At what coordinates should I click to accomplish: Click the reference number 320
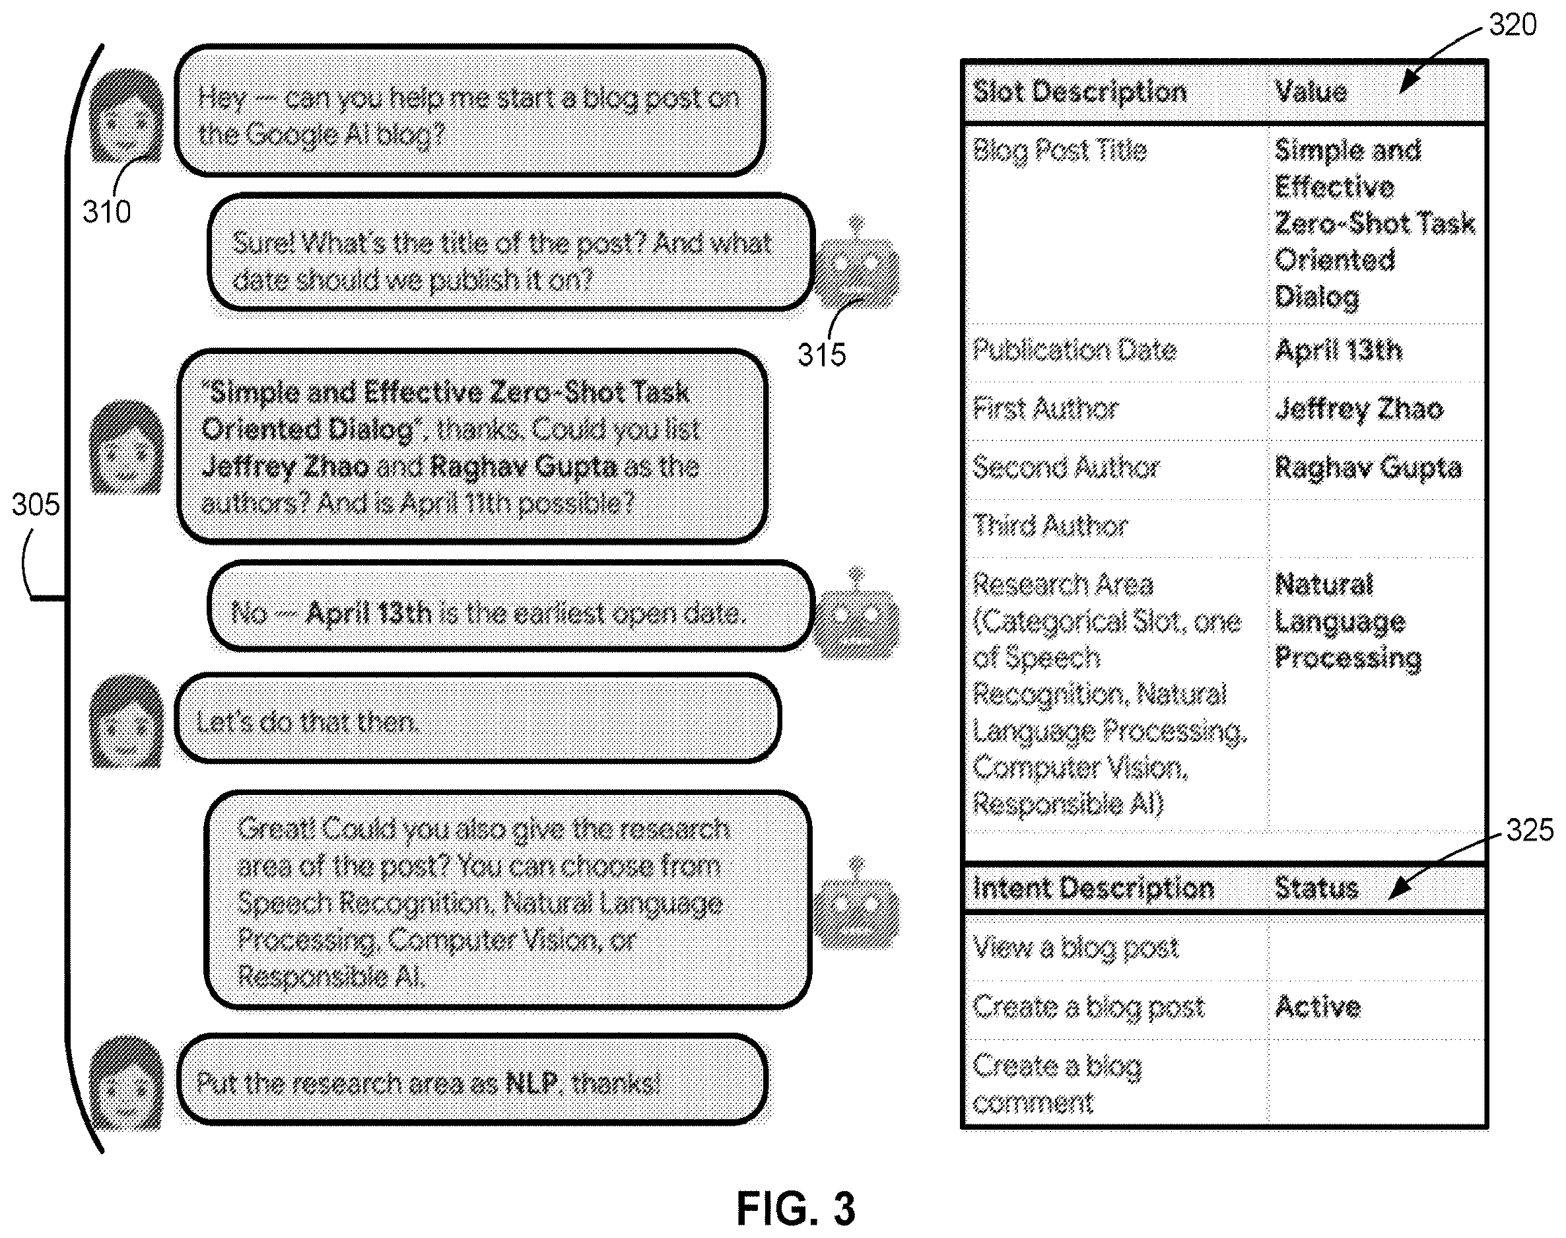click(1513, 24)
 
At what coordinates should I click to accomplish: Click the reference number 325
click(1530, 830)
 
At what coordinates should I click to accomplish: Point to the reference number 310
click(106, 212)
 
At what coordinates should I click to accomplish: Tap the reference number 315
click(822, 355)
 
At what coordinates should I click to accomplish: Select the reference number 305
click(36, 504)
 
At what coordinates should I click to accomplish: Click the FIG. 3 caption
click(796, 1208)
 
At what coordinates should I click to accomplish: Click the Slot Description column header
click(1079, 92)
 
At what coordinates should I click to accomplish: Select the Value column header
click(1311, 92)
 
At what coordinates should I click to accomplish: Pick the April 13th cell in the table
click(1338, 351)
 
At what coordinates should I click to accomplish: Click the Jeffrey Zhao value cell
click(1359, 409)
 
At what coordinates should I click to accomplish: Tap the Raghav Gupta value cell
click(1368, 468)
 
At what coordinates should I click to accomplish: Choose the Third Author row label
click(1050, 526)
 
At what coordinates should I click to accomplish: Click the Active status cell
click(1318, 1007)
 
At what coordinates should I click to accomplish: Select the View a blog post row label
click(1076, 948)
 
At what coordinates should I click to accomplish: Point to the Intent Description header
click(1093, 889)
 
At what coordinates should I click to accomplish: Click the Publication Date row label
click(1075, 351)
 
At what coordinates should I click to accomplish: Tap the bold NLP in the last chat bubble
click(531, 1083)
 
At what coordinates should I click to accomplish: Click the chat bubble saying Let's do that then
click(478, 719)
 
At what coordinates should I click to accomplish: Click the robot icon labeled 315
click(856, 265)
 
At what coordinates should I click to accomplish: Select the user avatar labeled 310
click(126, 116)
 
